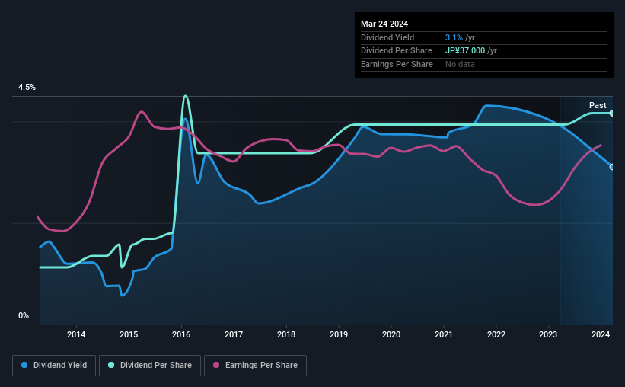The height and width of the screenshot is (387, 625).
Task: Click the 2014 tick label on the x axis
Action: click(x=76, y=334)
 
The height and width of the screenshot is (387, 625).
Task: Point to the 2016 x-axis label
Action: click(x=181, y=334)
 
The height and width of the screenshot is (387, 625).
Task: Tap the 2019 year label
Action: click(x=339, y=334)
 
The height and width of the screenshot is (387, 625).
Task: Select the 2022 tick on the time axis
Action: click(x=496, y=334)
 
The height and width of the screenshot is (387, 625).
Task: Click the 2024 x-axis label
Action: click(x=601, y=334)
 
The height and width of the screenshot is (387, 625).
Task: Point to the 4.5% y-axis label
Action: click(x=27, y=88)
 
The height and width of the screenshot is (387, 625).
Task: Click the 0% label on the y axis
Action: click(x=24, y=315)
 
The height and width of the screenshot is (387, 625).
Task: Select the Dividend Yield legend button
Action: click(x=54, y=366)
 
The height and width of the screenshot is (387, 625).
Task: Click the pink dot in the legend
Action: click(x=215, y=366)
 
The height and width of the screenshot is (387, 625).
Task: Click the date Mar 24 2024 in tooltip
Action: click(x=386, y=24)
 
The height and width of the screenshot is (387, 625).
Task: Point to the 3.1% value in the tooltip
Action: click(x=454, y=37)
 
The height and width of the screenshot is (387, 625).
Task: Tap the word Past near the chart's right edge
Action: click(x=598, y=105)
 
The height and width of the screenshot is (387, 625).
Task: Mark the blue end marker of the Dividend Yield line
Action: click(x=612, y=167)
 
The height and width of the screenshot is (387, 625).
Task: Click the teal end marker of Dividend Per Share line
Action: click(x=612, y=113)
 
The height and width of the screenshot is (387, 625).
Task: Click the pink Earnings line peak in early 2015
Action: click(x=142, y=112)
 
